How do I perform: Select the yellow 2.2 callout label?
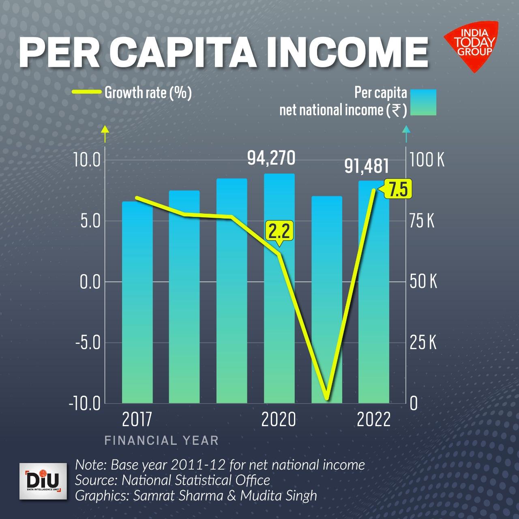(x=279, y=232)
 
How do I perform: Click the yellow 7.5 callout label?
(x=397, y=190)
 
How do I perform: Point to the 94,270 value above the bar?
(x=271, y=158)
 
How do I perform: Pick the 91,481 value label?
(x=367, y=166)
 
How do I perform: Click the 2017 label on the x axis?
(x=137, y=420)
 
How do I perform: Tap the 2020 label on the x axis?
(x=279, y=420)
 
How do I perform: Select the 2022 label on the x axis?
(x=373, y=420)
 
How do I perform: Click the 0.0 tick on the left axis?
(x=90, y=282)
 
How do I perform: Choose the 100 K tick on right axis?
(x=427, y=160)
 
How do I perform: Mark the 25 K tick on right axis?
(x=423, y=343)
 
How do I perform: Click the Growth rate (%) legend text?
(x=148, y=93)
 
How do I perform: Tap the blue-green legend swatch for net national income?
(x=423, y=102)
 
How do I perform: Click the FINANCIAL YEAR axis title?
(x=161, y=440)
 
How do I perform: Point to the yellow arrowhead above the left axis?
(x=105, y=129)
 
